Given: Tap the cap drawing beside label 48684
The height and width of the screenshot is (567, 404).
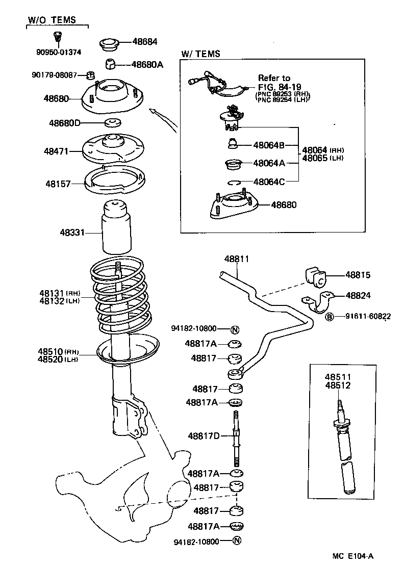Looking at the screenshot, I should click(108, 44).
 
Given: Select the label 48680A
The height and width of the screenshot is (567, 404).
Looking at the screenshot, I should click(147, 65).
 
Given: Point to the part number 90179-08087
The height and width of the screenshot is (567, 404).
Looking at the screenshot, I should click(54, 75).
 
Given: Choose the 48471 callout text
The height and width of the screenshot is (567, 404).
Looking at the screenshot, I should click(56, 151).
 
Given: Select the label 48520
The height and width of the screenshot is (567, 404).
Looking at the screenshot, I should click(49, 359).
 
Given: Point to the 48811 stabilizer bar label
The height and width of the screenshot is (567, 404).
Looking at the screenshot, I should click(237, 259).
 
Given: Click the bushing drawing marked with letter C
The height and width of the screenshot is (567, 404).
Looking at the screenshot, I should click(315, 277).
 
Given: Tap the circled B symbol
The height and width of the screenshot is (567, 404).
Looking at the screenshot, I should click(330, 317).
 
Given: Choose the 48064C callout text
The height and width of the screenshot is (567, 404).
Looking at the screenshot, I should click(269, 181).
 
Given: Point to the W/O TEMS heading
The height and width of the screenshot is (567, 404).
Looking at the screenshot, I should click(52, 20).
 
